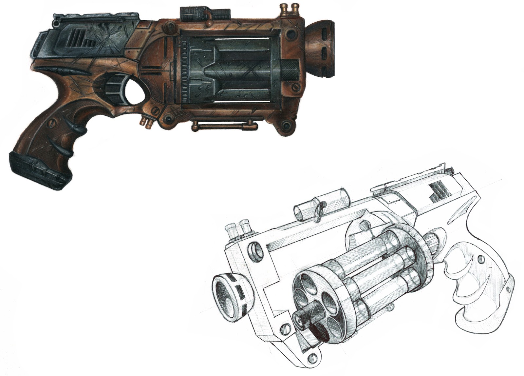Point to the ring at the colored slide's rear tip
[58, 24]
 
